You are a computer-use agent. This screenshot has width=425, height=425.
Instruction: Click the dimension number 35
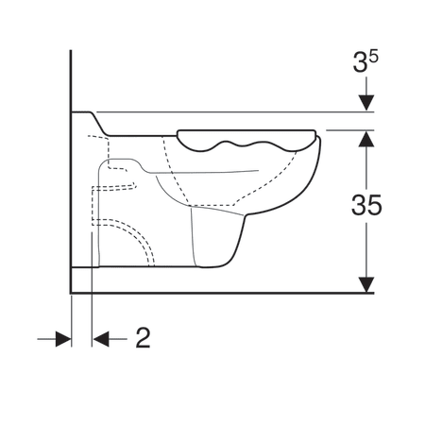pyautogui.click(x=366, y=205)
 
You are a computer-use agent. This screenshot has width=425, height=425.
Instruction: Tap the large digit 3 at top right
pyautogui.click(x=361, y=62)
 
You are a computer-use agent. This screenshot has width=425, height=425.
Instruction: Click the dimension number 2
pyautogui.click(x=143, y=337)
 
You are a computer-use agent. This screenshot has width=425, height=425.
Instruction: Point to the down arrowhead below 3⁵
pyautogui.click(x=366, y=103)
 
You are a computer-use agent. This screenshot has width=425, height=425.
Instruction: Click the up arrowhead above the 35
pyautogui.click(x=366, y=139)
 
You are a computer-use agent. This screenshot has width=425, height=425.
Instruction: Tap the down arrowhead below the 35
pyautogui.click(x=366, y=284)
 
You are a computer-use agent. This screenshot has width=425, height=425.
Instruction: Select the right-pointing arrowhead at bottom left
pyautogui.click(x=63, y=339)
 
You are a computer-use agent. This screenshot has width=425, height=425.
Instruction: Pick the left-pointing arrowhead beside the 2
pyautogui.click(x=101, y=339)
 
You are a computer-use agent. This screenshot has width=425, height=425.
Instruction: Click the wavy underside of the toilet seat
pyautogui.click(x=246, y=145)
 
